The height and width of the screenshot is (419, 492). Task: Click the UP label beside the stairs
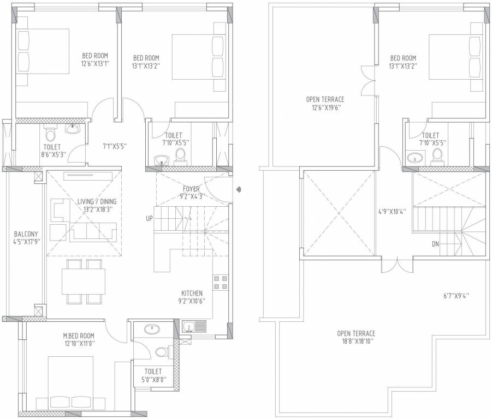tap(149, 218)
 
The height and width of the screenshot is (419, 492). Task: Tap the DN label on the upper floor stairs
tap(435, 244)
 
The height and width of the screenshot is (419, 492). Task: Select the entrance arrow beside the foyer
tap(239, 189)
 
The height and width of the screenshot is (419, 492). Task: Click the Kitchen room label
tap(192, 294)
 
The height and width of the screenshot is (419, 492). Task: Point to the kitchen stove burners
tap(221, 282)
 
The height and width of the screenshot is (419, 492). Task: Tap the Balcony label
tap(26, 234)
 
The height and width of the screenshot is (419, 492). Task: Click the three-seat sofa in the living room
tap(93, 232)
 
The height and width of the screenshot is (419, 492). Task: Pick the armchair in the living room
tap(60, 210)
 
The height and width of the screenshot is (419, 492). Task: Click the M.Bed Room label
tap(79, 336)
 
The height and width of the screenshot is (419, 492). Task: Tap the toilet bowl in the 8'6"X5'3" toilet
tap(50, 134)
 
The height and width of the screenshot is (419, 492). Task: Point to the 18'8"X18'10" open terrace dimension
tap(356, 342)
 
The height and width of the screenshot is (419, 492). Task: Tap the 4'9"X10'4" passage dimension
tap(393, 211)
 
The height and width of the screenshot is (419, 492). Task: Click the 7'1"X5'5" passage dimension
tap(115, 146)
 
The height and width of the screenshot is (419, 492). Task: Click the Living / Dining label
tap(97, 201)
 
